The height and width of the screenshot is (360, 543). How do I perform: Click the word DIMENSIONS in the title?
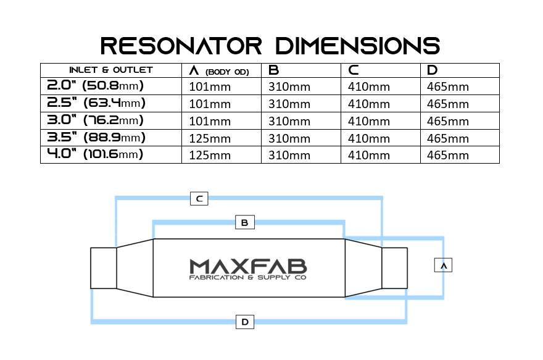tap(358, 45)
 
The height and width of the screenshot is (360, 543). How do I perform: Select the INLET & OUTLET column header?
tap(110, 70)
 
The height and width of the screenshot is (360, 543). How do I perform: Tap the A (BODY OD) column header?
tap(219, 70)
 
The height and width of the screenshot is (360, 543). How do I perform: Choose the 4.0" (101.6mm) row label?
tap(96, 154)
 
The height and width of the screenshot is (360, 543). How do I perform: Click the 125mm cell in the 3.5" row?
tap(209, 138)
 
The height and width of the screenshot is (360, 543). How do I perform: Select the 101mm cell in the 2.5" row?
tap(209, 104)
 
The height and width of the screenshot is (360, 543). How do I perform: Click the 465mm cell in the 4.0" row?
tap(448, 155)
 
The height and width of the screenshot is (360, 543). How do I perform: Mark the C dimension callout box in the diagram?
tap(199, 199)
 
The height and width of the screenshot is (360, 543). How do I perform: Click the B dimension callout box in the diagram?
tap(244, 222)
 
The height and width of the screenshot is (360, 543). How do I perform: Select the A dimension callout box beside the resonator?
tap(443, 265)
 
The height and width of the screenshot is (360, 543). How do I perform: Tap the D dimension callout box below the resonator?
tap(245, 322)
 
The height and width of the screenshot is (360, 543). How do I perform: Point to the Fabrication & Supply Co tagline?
tap(248, 278)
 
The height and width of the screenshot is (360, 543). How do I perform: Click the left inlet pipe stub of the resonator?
tap(103, 268)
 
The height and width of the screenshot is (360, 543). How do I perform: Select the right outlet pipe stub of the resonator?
tap(394, 268)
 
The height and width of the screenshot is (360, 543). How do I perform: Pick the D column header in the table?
tap(432, 70)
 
